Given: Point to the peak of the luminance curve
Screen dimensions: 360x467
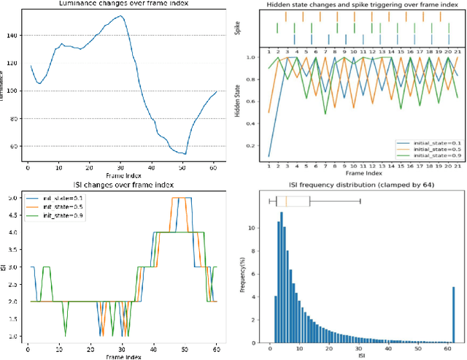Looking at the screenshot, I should point(120,15).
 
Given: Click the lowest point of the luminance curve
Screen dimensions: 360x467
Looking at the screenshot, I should point(185,153).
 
